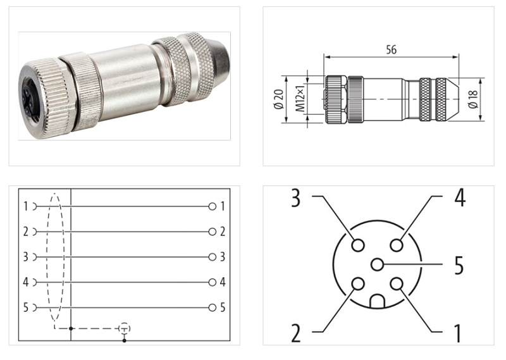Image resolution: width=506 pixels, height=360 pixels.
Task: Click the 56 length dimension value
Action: pyautogui.click(x=391, y=50)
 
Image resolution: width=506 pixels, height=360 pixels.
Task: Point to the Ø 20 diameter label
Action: pyautogui.click(x=278, y=100)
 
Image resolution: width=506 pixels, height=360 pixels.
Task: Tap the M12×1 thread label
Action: pyautogui.click(x=300, y=100)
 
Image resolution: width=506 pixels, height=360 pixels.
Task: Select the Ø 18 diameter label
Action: pyautogui.click(x=491, y=99)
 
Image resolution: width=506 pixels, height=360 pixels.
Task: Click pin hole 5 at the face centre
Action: pyautogui.click(x=378, y=264)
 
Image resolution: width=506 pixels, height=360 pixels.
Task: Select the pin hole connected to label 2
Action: pyautogui.click(x=358, y=284)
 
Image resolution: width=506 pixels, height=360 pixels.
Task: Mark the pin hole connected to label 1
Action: pyautogui.click(x=397, y=284)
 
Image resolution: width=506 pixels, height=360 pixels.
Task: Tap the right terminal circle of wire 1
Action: pyautogui.click(x=213, y=206)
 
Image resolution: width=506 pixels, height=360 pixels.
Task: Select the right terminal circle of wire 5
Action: pyautogui.click(x=213, y=307)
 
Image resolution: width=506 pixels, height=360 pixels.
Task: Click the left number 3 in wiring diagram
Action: pyautogui.click(x=25, y=257)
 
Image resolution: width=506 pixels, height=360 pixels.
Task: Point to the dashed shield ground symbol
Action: pyautogui.click(x=125, y=328)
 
